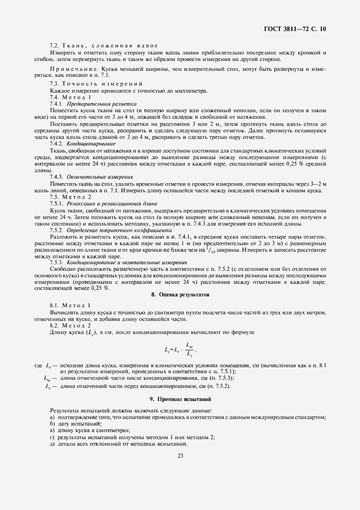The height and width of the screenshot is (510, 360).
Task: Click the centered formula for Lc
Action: click(x=179, y=349)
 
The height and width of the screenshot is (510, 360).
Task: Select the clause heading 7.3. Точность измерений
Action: click(x=96, y=84)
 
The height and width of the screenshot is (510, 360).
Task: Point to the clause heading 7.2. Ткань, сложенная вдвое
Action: click(x=103, y=45)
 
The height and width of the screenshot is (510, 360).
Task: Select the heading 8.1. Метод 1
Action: click(x=71, y=306)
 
